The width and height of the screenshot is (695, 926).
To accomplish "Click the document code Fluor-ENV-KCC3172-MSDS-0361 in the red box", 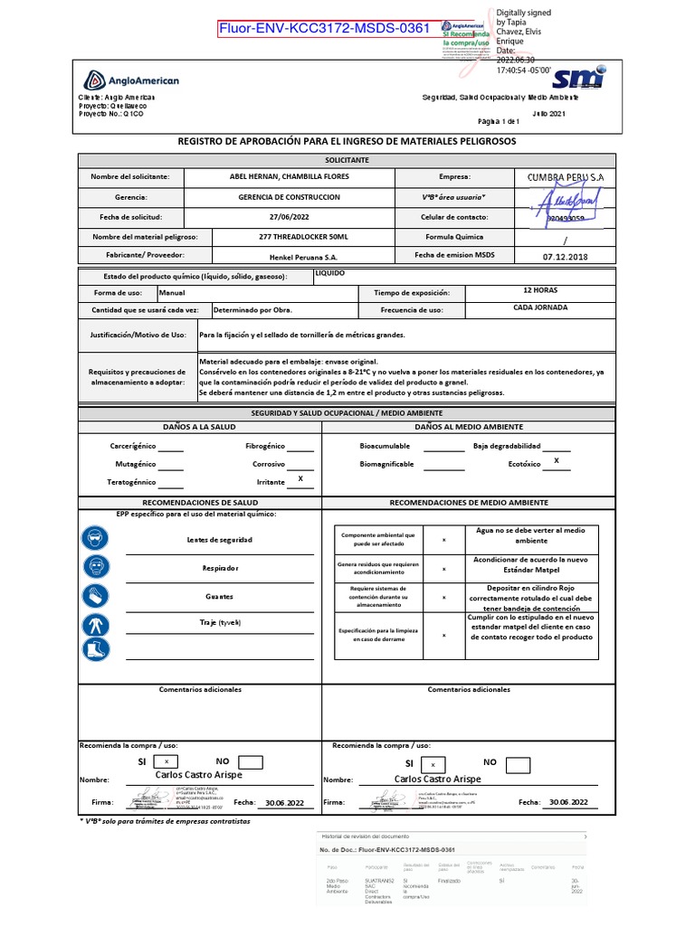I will pos(324,28).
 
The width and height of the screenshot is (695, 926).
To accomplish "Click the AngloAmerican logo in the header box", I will pos(131,80).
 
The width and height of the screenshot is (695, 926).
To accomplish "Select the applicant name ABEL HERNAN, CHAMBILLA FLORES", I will pos(290,176).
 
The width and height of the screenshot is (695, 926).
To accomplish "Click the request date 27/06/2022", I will pos(290,217).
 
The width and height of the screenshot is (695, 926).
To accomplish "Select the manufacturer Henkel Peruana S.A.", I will pos(290,257).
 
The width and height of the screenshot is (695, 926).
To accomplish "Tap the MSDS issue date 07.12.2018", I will pos(565,257).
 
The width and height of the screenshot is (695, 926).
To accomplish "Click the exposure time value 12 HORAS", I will pos(540,291).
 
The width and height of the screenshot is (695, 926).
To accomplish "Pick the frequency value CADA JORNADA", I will pos(539,308).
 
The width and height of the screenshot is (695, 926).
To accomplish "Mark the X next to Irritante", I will pos(300,477).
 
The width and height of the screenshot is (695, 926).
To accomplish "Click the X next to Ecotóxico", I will pos(557,461).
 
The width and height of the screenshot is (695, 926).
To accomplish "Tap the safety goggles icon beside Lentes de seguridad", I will pos(95,539).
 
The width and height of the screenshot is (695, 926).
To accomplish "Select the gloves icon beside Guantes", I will pos(95,596).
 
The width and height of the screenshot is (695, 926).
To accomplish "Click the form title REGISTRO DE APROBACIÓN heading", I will pos(347,142).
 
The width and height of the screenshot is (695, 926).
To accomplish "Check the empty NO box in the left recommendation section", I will pos(250,762).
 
